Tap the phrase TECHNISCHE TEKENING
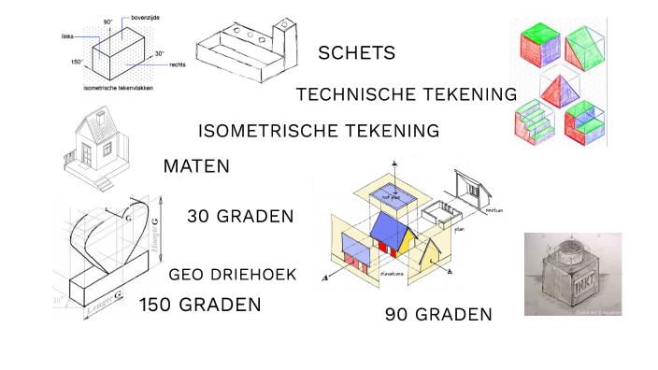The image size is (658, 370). click(x=406, y=94)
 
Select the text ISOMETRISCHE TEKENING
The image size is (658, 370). click(x=320, y=131)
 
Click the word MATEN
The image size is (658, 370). click(x=196, y=167)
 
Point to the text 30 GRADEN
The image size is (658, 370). click(x=240, y=217)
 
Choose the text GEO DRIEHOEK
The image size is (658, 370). click(x=233, y=275)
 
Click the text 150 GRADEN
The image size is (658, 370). click(x=200, y=306)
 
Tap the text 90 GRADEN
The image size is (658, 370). click(x=438, y=315)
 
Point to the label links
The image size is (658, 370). click(x=67, y=37)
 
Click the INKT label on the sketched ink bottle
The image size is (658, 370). click(x=571, y=277)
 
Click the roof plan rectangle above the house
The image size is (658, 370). click(x=388, y=193)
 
